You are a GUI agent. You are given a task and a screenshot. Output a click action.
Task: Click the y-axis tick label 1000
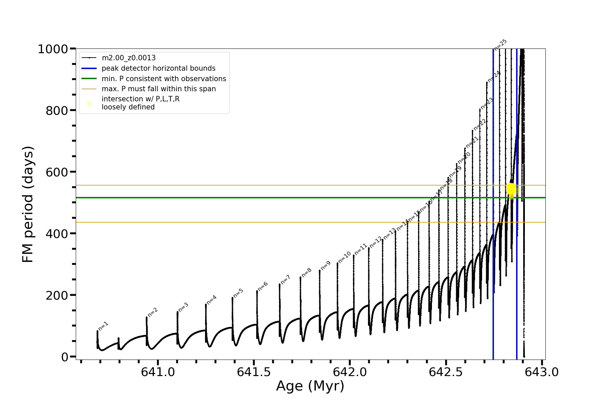[53, 49]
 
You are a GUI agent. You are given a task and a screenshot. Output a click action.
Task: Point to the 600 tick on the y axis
[57, 172]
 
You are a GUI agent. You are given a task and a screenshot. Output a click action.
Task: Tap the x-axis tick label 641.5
[254, 372]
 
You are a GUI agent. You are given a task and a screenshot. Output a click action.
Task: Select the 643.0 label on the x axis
[541, 372]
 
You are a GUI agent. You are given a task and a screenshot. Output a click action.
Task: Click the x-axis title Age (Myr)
[310, 386]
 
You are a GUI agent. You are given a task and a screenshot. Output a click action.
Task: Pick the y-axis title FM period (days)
[28, 204]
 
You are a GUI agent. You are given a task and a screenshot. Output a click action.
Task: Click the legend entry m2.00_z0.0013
[129, 58]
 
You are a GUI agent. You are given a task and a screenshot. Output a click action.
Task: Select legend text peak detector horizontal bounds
[158, 68]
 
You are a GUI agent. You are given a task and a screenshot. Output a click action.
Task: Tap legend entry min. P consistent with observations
[164, 79]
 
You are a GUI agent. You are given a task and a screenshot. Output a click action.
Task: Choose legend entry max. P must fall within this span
[159, 89]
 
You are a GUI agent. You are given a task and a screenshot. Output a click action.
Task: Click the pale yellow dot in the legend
[89, 104]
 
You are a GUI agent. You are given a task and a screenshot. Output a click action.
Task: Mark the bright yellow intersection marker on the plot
[511, 189]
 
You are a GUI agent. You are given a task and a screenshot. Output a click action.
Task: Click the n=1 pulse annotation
[103, 326]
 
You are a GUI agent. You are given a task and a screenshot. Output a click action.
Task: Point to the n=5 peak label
[238, 293]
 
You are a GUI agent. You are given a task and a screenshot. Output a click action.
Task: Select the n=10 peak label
[344, 257]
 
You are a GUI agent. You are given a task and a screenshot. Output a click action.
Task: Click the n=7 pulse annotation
[285, 279]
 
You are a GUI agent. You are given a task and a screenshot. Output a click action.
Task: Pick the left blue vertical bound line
[493, 269]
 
